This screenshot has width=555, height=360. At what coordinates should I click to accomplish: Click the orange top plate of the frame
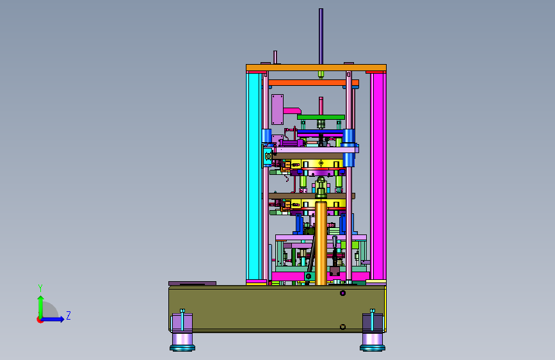316,67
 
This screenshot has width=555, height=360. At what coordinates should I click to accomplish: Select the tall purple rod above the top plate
321,37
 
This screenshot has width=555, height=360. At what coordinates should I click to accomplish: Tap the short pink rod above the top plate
275,58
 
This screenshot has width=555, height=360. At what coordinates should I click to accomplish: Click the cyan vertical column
253,176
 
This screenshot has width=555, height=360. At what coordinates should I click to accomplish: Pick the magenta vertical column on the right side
378,176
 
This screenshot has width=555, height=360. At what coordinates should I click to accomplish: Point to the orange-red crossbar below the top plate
314,83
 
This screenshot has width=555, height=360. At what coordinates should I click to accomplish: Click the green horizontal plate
321,117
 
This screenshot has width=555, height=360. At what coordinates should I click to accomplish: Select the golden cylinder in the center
321,243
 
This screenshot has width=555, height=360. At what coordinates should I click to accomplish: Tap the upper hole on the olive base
342,293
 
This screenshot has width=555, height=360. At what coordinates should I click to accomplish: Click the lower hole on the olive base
342,327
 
